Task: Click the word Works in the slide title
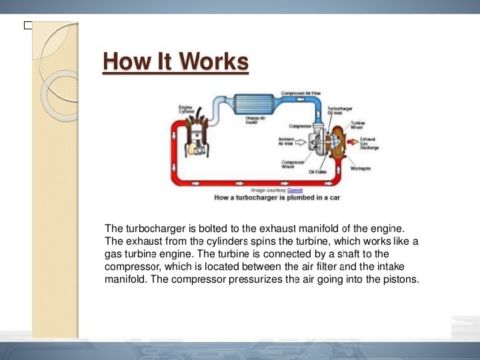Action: [x=213, y=62]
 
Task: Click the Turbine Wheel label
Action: [x=357, y=125]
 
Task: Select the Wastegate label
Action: [x=361, y=168]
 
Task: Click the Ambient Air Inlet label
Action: [x=287, y=141]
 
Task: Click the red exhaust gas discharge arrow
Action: [x=351, y=142]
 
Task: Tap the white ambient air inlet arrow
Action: [x=301, y=142]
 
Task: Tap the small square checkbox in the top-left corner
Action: [x=27, y=25]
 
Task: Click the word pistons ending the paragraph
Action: [x=401, y=279]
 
